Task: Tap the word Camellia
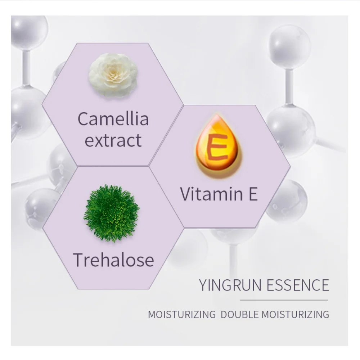(113, 119)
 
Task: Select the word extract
(113, 140)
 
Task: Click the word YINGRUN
(230, 285)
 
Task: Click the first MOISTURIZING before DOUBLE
(181, 314)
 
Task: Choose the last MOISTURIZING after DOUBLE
(295, 314)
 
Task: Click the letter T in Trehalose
(79, 260)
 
